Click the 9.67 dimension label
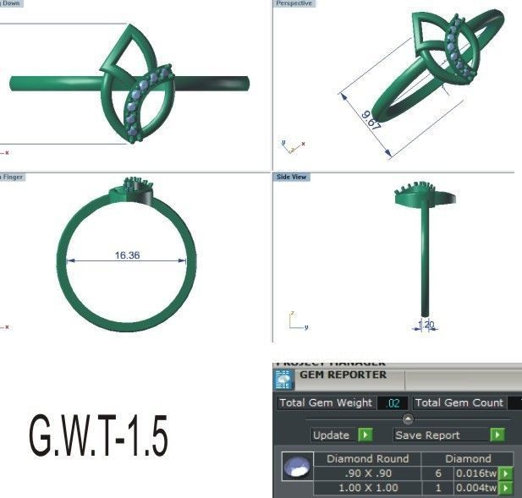pos(371,120)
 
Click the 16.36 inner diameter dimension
pos(127,254)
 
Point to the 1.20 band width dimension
pos(426,324)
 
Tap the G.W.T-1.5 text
pos(98,437)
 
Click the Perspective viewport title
pos(294,4)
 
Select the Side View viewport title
pos(292,178)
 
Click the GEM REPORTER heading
pos(343,375)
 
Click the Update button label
pos(330,435)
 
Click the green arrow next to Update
pos(364,435)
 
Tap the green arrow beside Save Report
pos(497,435)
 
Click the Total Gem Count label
pos(459,403)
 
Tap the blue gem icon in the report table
pos(295,468)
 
